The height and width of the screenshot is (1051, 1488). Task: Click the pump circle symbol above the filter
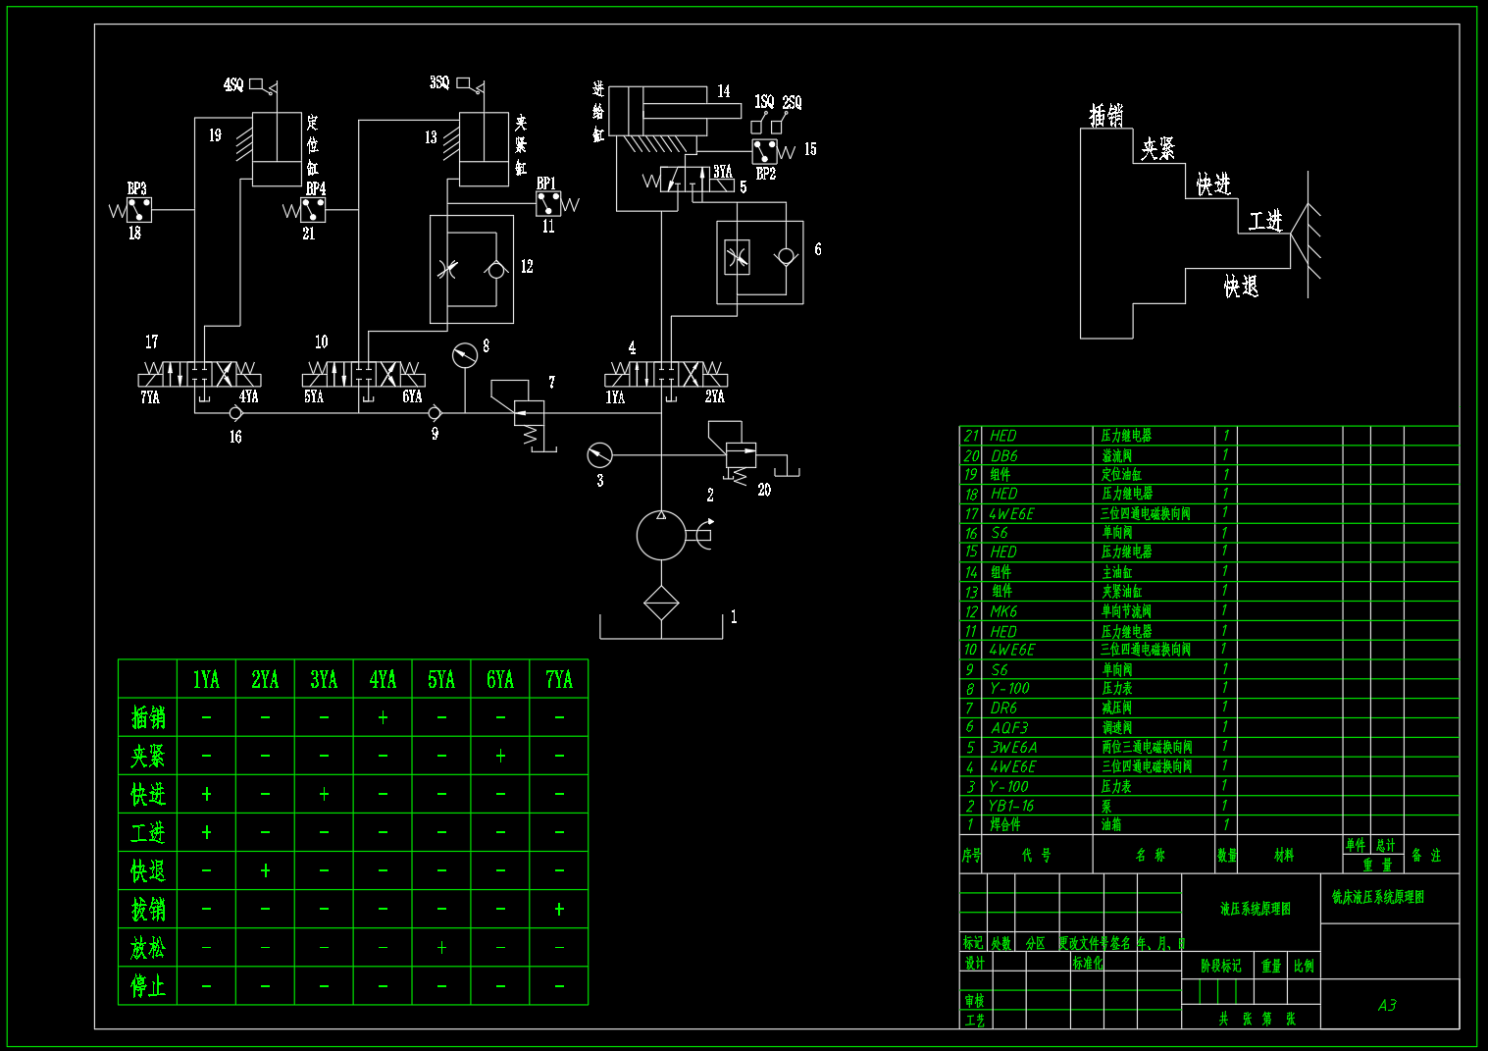tap(661, 536)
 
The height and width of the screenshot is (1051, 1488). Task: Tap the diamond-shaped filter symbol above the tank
tap(661, 603)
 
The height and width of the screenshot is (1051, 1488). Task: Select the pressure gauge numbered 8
tap(465, 354)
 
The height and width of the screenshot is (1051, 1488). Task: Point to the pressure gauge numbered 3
tap(599, 455)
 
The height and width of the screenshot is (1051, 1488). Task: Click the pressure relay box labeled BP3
tap(139, 209)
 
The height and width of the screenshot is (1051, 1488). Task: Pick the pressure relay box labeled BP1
tap(548, 203)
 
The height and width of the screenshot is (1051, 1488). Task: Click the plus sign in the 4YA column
tap(383, 717)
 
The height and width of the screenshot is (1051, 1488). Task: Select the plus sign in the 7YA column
tap(559, 910)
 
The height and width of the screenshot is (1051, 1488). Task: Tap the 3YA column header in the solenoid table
tap(324, 679)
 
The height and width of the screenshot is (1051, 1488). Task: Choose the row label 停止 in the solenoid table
tap(148, 985)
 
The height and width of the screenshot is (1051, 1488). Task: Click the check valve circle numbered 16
tap(234, 413)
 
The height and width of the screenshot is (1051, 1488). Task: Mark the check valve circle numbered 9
tap(435, 413)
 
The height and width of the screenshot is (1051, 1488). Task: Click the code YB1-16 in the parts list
tap(1011, 806)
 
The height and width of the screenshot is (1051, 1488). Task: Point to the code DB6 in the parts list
tap(1004, 455)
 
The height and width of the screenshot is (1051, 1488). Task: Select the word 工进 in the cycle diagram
tap(1265, 221)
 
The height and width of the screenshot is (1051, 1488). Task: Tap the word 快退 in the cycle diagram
tap(1241, 287)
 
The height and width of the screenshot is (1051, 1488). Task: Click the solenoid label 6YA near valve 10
tap(412, 396)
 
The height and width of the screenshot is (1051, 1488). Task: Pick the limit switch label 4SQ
tap(233, 85)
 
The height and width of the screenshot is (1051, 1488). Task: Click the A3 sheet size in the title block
tap(1387, 1005)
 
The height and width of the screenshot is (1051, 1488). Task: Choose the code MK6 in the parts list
tap(1003, 611)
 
